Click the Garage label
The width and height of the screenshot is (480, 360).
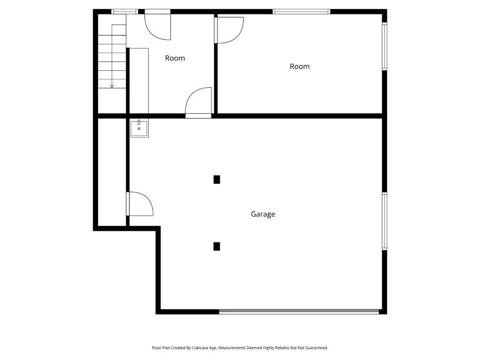coord(262,214)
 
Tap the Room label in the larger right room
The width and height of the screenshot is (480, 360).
coord(300,67)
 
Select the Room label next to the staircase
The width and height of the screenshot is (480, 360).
coord(175,58)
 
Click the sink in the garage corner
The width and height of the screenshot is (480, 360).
coord(139,128)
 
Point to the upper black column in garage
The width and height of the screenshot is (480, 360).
coord(217,180)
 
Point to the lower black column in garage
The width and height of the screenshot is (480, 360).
coord(217,247)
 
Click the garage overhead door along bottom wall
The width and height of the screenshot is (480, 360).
coord(299,311)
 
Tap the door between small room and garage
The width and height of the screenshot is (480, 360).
coord(199,102)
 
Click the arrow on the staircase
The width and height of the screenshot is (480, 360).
coord(112,85)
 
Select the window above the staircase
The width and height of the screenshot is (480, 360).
coord(125,11)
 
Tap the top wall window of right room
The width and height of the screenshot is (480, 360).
coord(301,11)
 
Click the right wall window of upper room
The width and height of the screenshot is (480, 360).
coord(384,46)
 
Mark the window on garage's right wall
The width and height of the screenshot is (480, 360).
coord(384,221)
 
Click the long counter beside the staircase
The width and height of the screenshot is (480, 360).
coord(139,80)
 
